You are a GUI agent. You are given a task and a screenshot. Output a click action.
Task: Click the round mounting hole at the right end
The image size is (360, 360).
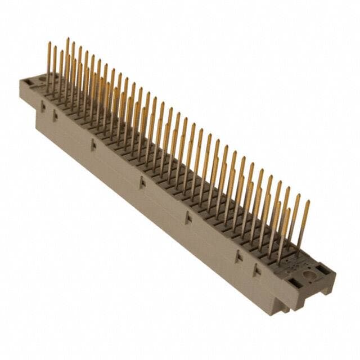click(308, 275)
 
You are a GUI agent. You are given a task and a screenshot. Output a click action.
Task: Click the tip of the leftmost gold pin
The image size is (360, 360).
click(48, 43)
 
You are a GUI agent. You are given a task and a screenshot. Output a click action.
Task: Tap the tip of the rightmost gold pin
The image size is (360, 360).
click(308, 201)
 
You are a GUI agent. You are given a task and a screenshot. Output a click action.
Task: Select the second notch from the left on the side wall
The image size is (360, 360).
click(55, 116)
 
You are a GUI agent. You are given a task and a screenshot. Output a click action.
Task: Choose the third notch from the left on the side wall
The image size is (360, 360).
click(93, 145)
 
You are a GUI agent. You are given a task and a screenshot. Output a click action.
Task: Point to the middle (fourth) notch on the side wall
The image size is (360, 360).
click(142, 182)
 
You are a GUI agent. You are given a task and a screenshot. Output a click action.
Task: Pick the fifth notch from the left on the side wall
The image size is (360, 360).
click(188, 217)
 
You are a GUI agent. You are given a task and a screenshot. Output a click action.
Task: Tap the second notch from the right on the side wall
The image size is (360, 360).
click(238, 256)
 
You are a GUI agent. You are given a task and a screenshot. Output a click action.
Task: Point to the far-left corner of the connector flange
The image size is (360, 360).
click(20, 84)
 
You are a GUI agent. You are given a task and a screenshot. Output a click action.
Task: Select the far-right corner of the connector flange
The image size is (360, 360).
click(336, 276)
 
